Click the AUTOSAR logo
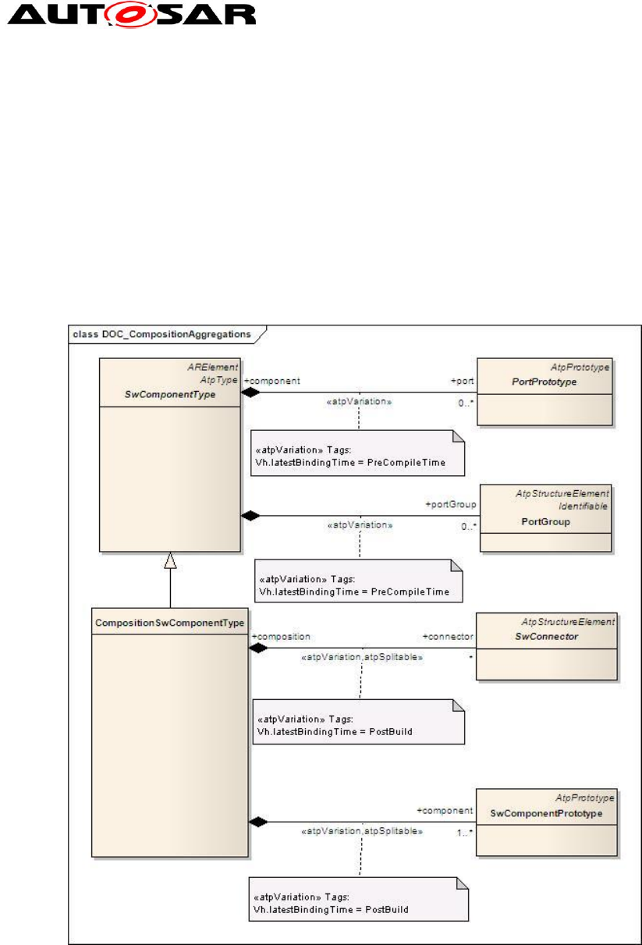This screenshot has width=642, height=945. [129, 15]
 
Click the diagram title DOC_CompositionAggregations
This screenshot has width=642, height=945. [161, 334]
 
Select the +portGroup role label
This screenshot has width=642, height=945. [450, 505]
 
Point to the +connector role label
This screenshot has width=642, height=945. [448, 637]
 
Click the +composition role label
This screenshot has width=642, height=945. [281, 637]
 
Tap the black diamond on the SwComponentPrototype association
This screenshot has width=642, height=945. [258, 822]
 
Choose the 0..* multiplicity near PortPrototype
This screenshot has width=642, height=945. [465, 404]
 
